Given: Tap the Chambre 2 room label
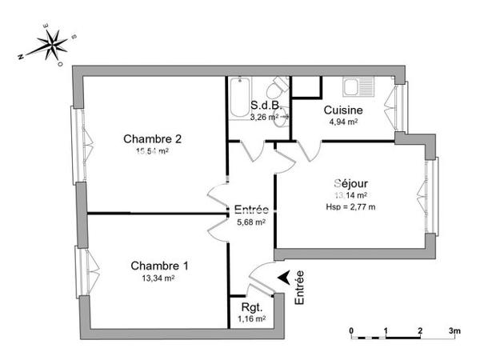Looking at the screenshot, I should (x=152, y=138).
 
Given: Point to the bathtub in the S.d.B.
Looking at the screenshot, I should (x=238, y=98).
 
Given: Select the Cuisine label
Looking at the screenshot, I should (x=343, y=110).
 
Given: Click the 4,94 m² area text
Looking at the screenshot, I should (x=343, y=122).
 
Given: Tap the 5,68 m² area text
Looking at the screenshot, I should (x=250, y=222).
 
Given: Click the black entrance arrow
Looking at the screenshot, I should (x=283, y=277).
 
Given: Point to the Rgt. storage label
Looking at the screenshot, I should (x=252, y=308).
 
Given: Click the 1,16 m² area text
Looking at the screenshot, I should (x=252, y=319).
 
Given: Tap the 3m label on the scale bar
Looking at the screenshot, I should (x=454, y=330).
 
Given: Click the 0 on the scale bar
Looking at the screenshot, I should (x=351, y=330).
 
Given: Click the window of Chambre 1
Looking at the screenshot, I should (x=80, y=270).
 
